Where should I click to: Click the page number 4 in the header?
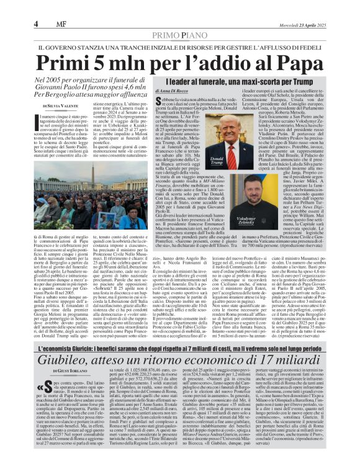pyautogui.click(x=10, y=7)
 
